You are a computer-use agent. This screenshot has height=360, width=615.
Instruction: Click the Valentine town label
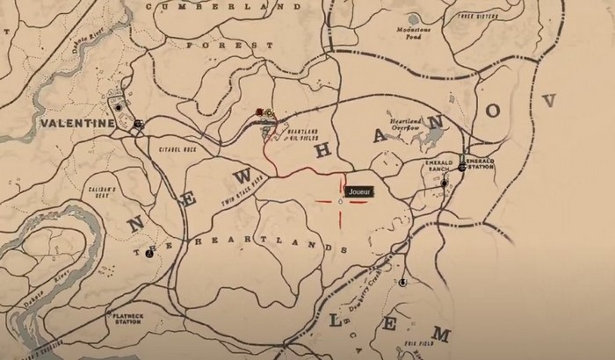(x=76, y=125)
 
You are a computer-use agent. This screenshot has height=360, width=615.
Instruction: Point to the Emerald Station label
(x=481, y=166)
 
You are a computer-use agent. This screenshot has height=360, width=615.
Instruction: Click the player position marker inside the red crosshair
(x=340, y=202)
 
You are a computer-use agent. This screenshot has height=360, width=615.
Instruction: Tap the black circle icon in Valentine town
(x=139, y=126)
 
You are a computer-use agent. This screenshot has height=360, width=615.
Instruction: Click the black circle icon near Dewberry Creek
(x=403, y=283)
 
